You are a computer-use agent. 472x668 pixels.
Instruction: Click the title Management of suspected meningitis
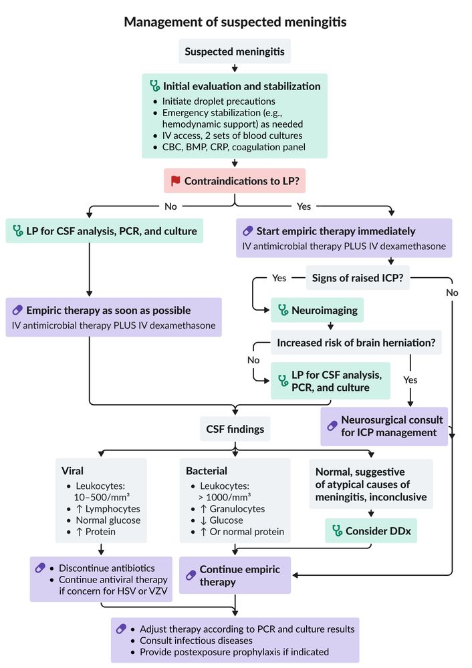[235, 22]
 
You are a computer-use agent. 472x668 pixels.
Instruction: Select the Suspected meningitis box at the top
[235, 51]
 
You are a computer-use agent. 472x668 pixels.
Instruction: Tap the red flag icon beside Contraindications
[175, 180]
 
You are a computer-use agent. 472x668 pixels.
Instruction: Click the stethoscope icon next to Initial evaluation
[155, 86]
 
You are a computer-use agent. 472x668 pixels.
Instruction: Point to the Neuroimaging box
[317, 310]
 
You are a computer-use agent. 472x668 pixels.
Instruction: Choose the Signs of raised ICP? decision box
[358, 278]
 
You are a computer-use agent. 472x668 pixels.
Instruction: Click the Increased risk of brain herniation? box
[356, 343]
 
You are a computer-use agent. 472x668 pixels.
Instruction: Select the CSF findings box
[235, 429]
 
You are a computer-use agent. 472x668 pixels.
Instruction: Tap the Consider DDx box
[371, 531]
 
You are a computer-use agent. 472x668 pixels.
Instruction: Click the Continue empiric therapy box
[235, 575]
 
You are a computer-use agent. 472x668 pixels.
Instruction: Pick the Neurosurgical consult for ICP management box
[384, 426]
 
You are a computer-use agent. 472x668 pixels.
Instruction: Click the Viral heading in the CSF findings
[72, 471]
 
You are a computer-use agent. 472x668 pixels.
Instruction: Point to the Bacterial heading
[207, 471]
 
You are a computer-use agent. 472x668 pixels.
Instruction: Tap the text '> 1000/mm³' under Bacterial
[225, 497]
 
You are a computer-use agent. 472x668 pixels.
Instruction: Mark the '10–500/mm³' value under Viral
[102, 497]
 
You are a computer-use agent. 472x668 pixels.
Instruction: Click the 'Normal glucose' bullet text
[108, 520]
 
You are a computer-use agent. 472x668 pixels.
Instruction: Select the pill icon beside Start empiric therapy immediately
[248, 231]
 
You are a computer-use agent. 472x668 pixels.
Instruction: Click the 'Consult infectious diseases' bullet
[196, 641]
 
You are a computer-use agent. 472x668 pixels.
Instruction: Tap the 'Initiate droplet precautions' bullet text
[219, 102]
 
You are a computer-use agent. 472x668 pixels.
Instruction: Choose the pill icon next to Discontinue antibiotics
[40, 568]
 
